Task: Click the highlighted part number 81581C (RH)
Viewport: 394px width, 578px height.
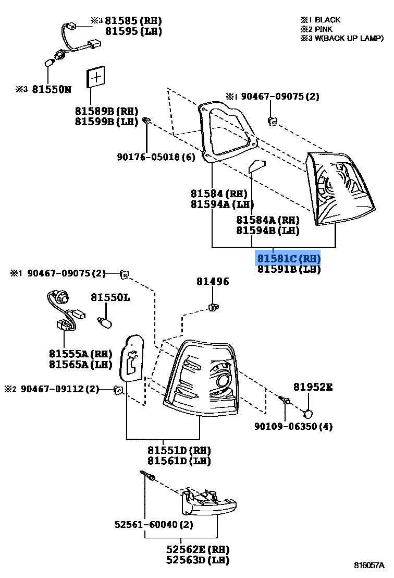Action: [x=288, y=258]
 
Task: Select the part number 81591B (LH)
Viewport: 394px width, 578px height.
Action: [x=288, y=269]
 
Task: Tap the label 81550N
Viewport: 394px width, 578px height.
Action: [x=51, y=89]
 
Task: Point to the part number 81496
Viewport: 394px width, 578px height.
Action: [x=212, y=282]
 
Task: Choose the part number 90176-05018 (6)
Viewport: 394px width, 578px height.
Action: [x=156, y=156]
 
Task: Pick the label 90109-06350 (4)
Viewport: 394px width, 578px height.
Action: [x=293, y=426]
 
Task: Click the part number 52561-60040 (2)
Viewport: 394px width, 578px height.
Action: [x=154, y=524]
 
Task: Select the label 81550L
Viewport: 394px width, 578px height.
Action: [x=110, y=297]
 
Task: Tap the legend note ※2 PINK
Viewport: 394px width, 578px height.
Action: [x=317, y=29]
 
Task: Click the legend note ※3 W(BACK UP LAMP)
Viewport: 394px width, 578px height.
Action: [x=342, y=38]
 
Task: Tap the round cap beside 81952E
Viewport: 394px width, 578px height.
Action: [x=309, y=414]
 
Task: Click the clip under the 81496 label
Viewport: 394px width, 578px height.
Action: [x=213, y=307]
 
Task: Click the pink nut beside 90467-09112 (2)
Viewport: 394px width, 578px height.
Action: [x=118, y=390]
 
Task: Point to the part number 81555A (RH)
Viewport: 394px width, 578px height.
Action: [x=80, y=354]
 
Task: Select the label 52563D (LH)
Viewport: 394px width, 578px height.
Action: [x=198, y=560]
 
